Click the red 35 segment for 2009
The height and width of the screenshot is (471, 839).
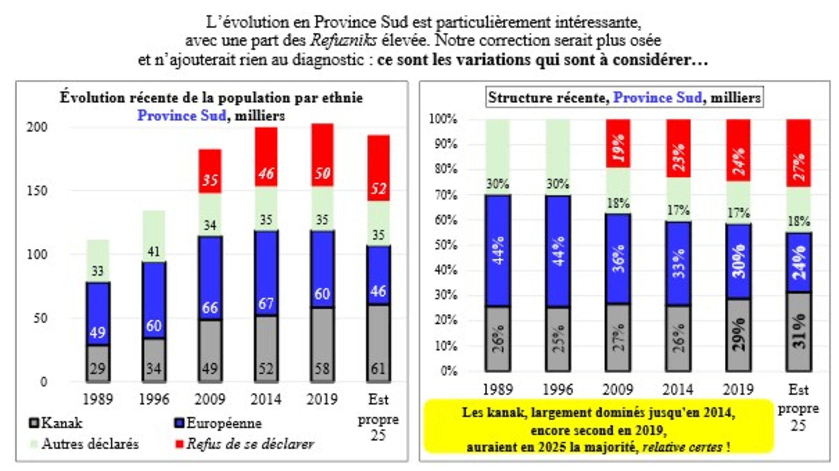pos(209,171)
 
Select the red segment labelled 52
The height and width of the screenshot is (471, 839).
pos(378,168)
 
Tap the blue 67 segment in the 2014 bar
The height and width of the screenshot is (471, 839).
pos(266,273)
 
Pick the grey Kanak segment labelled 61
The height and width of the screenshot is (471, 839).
pos(378,343)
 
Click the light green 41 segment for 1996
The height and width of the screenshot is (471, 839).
pos(154,236)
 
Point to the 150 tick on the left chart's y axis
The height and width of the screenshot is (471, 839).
pos(37,191)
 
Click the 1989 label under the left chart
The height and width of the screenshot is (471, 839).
pos(98,399)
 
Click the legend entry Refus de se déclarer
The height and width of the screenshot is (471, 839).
pos(244,444)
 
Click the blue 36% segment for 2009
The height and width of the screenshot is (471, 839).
pos(618,259)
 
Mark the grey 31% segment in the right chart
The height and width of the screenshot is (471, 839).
pos(798,332)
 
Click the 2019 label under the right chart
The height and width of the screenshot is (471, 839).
pos(738,389)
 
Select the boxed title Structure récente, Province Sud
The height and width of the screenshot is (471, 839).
pos(624,98)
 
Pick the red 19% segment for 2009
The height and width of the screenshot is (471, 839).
pos(618,143)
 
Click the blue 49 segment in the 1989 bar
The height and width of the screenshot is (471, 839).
pos(98,314)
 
